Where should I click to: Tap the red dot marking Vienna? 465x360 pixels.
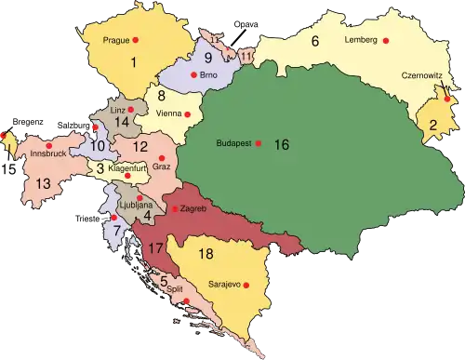click(x=188, y=114)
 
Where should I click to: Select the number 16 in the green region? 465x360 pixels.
click(x=282, y=144)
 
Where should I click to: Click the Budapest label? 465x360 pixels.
click(x=233, y=144)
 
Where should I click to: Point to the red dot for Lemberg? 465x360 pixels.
click(x=388, y=42)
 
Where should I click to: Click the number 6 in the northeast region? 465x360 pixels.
click(x=315, y=41)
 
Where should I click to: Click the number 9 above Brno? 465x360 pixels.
click(x=209, y=58)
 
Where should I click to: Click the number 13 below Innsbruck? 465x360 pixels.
click(x=43, y=183)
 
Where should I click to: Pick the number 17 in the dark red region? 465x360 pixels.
click(x=155, y=249)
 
